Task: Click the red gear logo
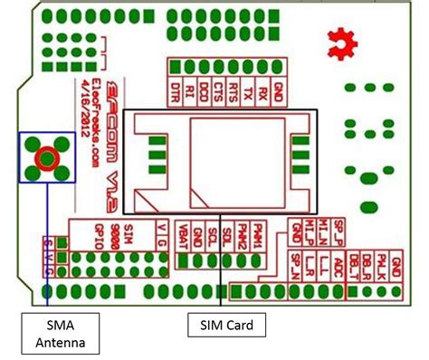341,39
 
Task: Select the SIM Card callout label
221,324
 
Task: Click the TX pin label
257,91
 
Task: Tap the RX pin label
275,91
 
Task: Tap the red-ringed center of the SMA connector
46,158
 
